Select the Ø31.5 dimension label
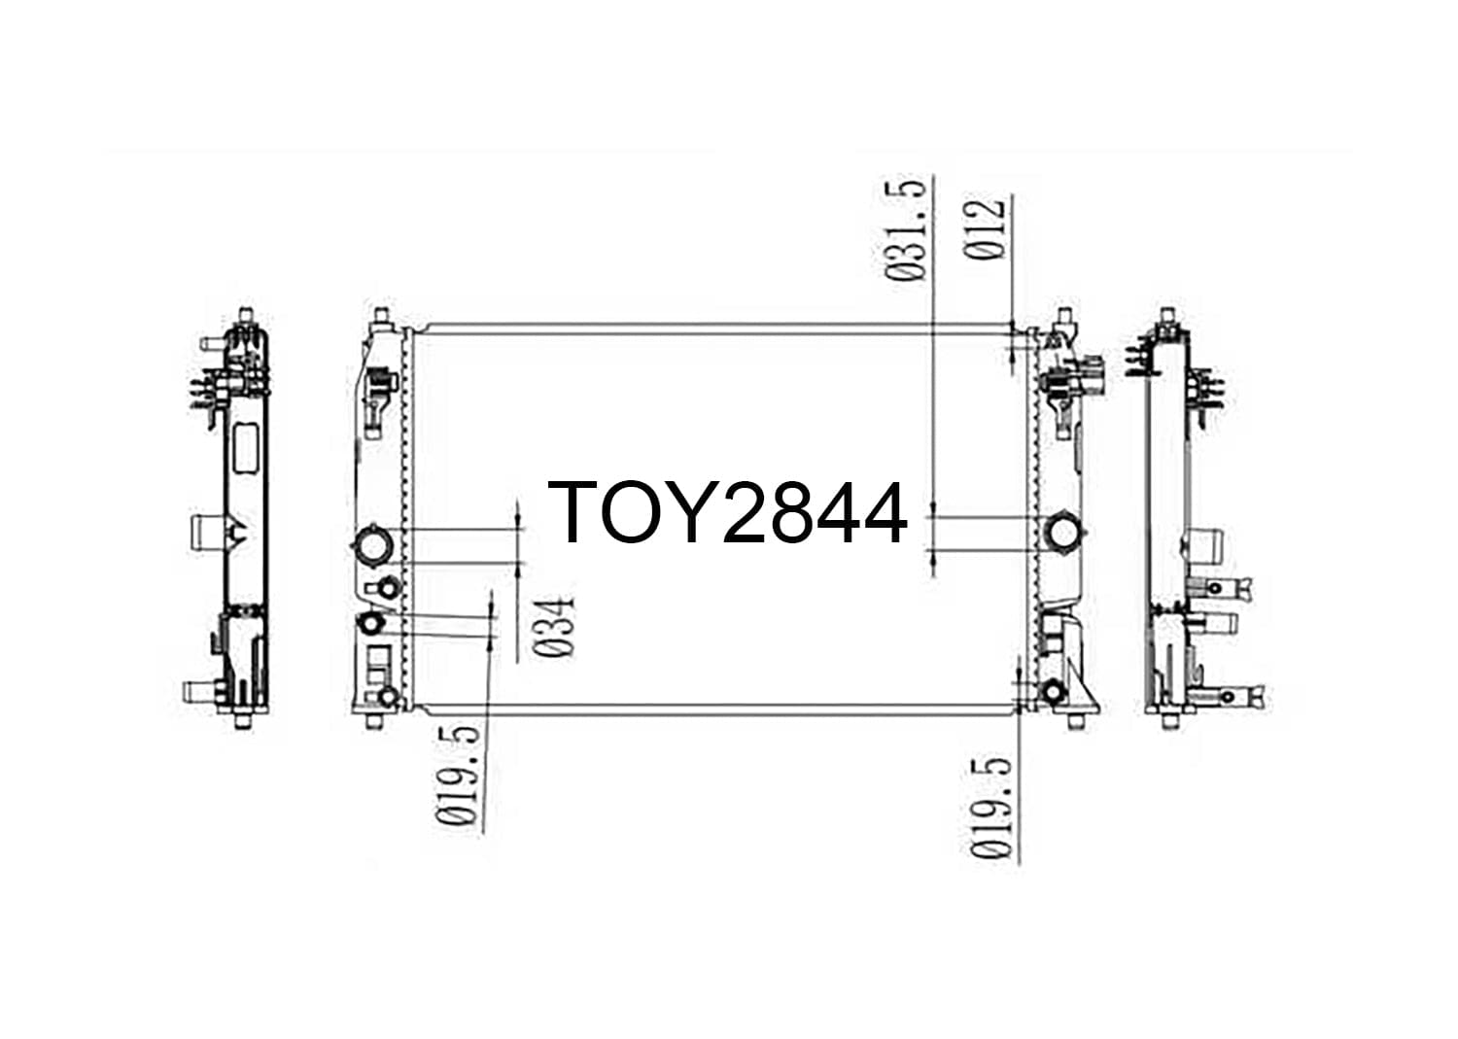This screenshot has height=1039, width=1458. (x=905, y=230)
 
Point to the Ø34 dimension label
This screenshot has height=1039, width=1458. (x=555, y=626)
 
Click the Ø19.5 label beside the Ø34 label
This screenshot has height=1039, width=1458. (x=458, y=776)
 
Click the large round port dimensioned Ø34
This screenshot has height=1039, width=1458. (x=373, y=545)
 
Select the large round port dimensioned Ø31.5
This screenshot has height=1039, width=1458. (x=1063, y=534)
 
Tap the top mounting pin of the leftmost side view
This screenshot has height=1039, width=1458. (x=245, y=316)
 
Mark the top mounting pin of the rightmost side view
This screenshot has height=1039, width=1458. (x=1167, y=316)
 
